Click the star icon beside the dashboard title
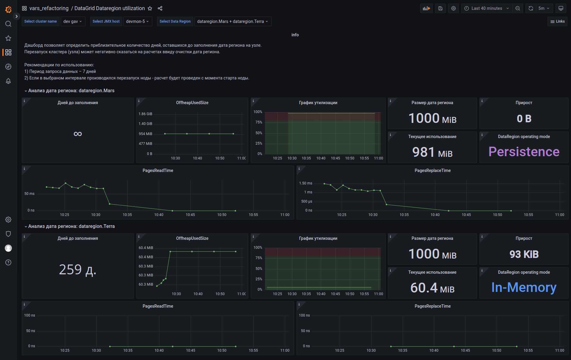coord(150,8)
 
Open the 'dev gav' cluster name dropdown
coord(73,21)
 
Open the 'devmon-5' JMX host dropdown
coord(137,21)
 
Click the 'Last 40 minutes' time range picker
coord(487,8)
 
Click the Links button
coord(557,21)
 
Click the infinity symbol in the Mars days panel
coord(78,134)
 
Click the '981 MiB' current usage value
coord(432,152)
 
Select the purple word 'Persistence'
coord(524,152)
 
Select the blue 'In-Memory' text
coord(524,287)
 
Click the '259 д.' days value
coord(78,270)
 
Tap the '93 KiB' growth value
coord(524,254)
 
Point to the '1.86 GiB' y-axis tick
coord(145,114)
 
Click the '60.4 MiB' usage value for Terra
coord(432,288)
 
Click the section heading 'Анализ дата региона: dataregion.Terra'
coord(71,226)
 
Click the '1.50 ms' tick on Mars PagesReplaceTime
coord(305,183)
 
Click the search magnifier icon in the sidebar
coord(8,24)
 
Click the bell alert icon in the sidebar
coord(8,81)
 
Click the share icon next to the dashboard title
coord(160,8)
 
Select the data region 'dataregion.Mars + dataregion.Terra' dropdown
coord(233,21)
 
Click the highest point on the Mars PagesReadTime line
coord(65,183)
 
